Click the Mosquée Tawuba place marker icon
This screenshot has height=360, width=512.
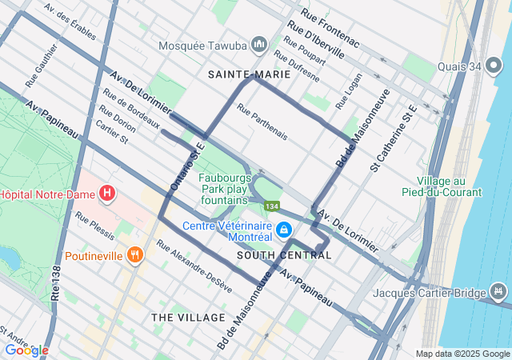pyautogui.click(x=258, y=45)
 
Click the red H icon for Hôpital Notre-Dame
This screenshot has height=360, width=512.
pyautogui.click(x=107, y=194)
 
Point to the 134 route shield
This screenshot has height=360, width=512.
pyautogui.click(x=273, y=207)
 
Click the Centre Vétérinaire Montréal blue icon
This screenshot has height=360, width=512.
pyautogui.click(x=282, y=230)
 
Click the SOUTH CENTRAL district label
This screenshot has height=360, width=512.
pyautogui.click(x=284, y=255)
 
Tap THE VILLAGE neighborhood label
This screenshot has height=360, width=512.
pyautogui.click(x=189, y=318)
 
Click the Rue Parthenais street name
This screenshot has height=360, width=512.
pyautogui.click(x=262, y=124)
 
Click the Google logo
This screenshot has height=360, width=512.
pyautogui.click(x=26, y=350)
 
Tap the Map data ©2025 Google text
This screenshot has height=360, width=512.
pyautogui.click(x=462, y=354)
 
